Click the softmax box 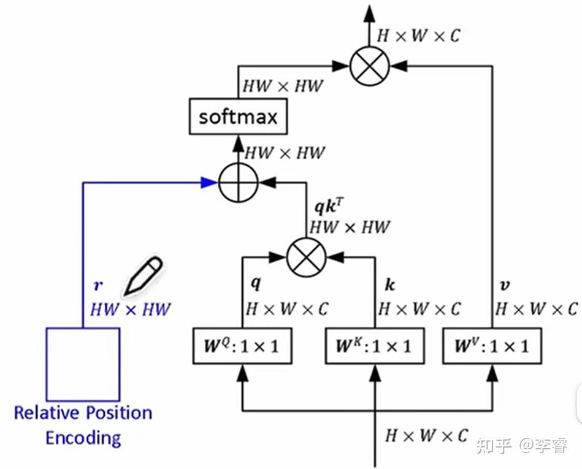[238, 116]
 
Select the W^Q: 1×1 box [242, 346]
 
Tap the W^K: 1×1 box [374, 346]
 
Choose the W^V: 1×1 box [492, 346]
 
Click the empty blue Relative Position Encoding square [83, 364]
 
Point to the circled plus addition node [239, 181]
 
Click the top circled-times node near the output [370, 64]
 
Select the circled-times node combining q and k [306, 256]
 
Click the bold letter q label [256, 283]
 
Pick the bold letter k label [389, 285]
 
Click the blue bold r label [98, 286]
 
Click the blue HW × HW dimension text [130, 309]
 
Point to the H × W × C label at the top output [418, 36]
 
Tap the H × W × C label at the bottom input [426, 435]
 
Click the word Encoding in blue [83, 438]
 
